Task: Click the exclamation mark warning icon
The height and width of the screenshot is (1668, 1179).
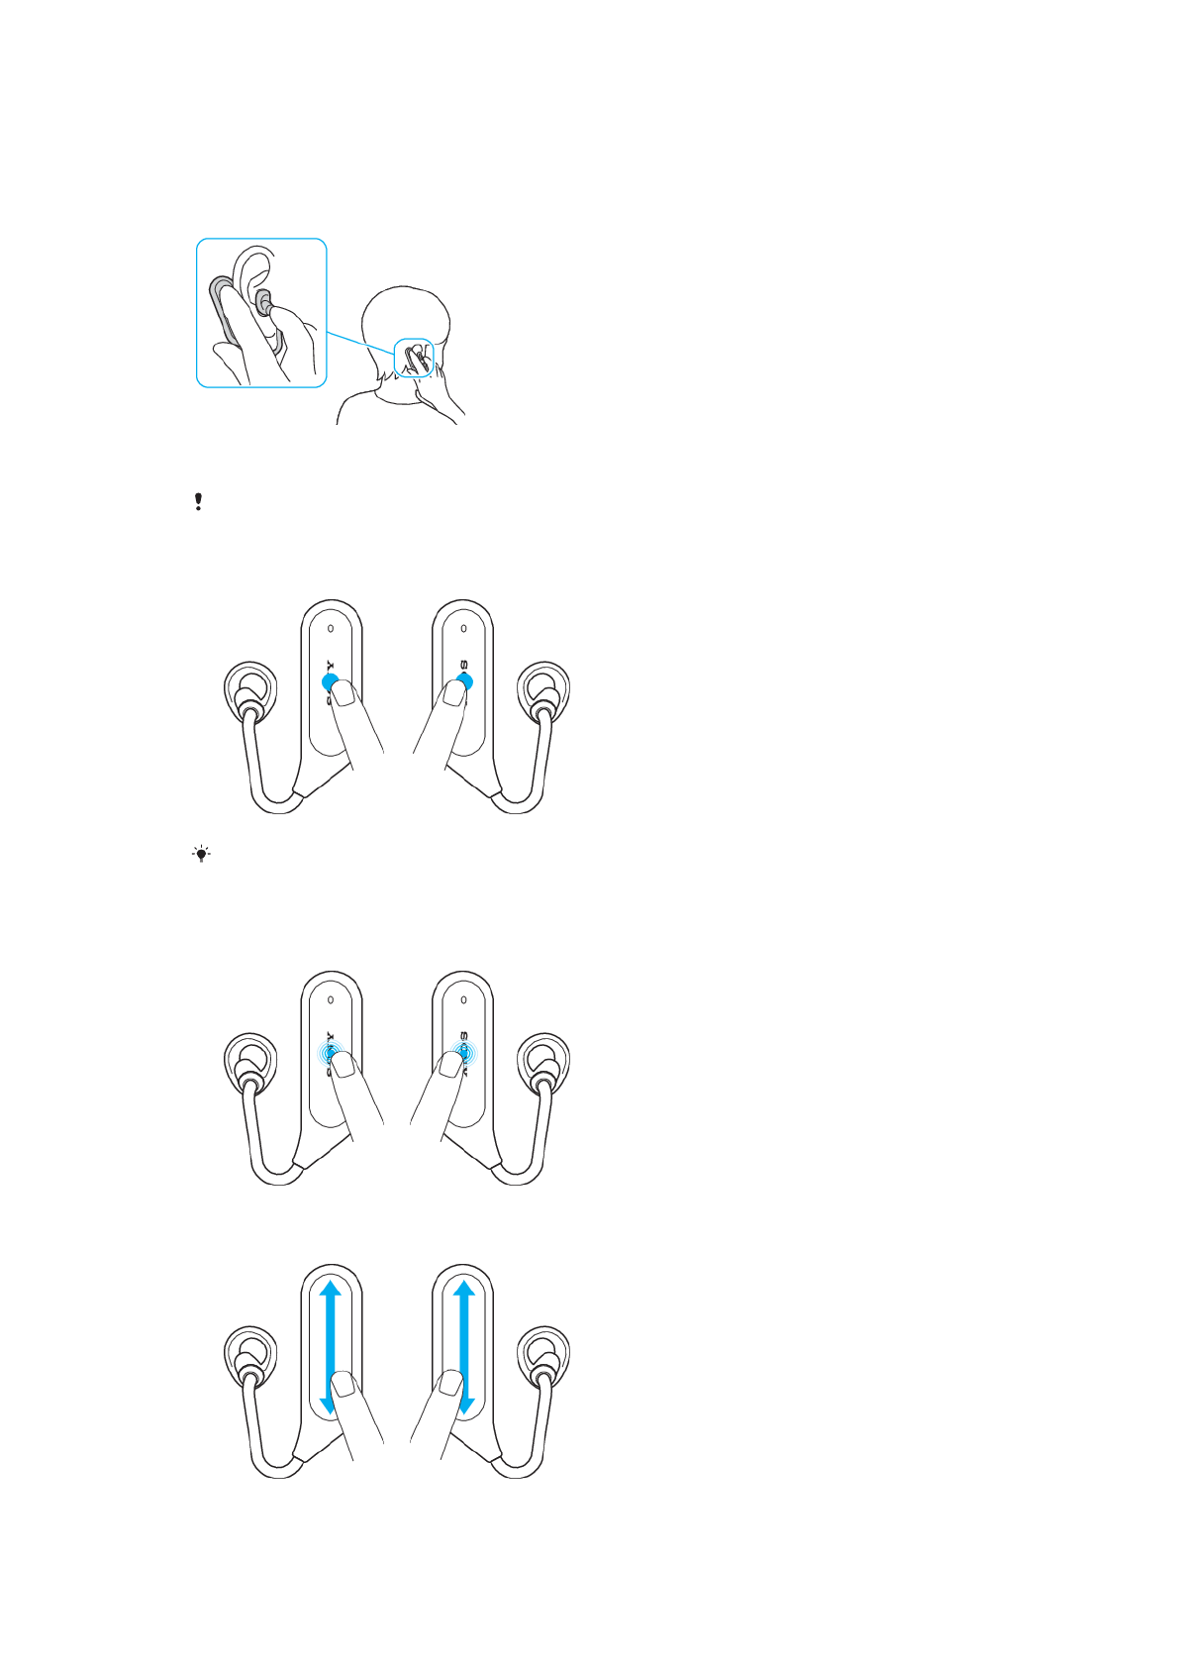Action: pyautogui.click(x=199, y=501)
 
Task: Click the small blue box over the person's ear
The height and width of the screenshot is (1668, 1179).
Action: pyautogui.click(x=415, y=358)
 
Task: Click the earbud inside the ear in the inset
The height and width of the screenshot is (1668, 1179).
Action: pyautogui.click(x=264, y=302)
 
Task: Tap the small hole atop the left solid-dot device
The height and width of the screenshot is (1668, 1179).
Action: pyautogui.click(x=331, y=627)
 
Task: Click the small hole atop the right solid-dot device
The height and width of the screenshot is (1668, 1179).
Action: pyautogui.click(x=464, y=627)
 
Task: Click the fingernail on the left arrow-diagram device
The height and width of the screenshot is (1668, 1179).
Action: pyautogui.click(x=343, y=1386)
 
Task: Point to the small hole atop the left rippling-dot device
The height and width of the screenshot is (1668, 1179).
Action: pyautogui.click(x=331, y=999)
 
